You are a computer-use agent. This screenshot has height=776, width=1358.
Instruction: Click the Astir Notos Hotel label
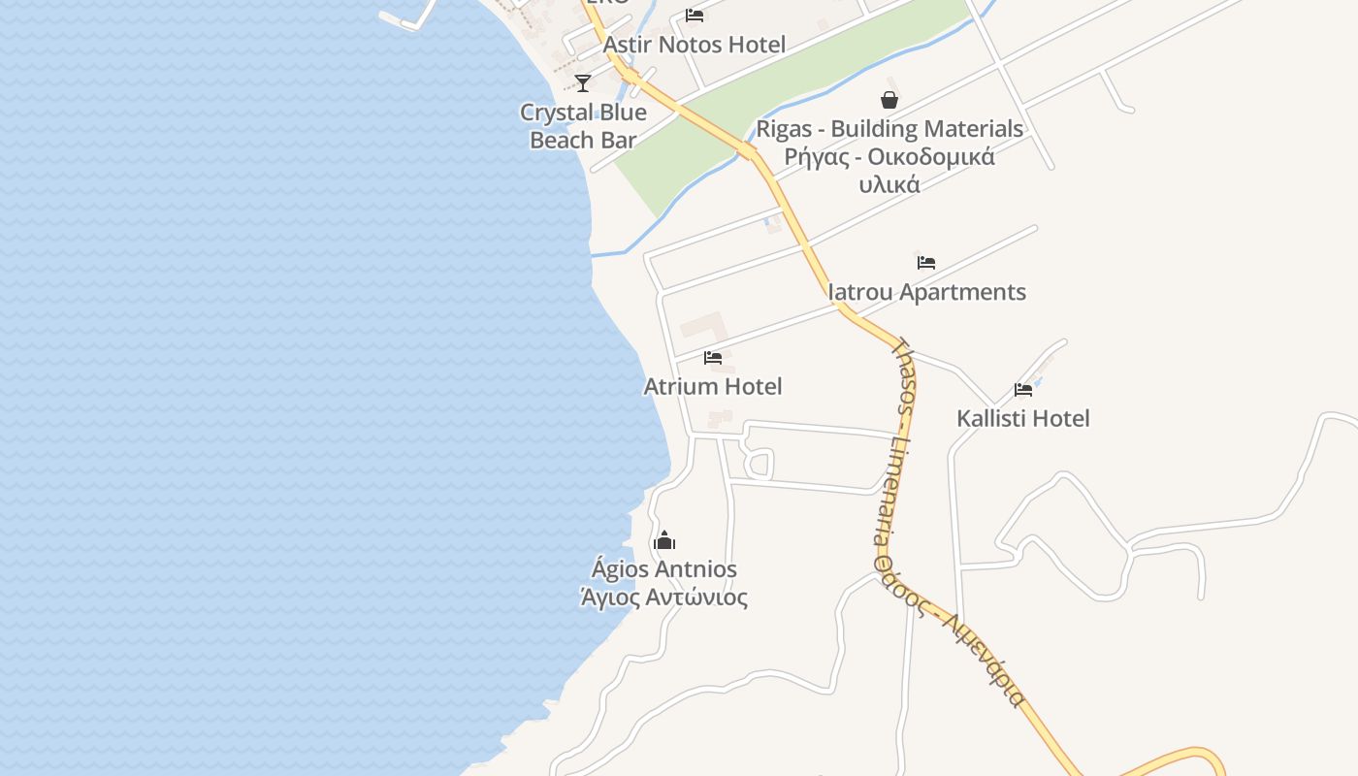click(x=694, y=45)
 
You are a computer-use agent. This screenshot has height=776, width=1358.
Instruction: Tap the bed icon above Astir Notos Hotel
click(x=694, y=15)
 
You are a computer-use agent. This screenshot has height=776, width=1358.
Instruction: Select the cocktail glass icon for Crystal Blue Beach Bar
click(x=583, y=82)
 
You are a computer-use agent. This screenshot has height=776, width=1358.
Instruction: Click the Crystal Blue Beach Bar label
click(x=583, y=126)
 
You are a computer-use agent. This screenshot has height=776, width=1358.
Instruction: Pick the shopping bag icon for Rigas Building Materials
click(x=889, y=99)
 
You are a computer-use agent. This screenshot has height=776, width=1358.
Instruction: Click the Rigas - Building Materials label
click(x=889, y=129)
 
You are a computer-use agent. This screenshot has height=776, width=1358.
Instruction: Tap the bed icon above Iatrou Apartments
click(x=925, y=262)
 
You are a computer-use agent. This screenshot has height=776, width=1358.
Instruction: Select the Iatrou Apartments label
click(x=926, y=292)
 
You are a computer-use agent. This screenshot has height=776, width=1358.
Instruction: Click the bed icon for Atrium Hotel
click(x=713, y=357)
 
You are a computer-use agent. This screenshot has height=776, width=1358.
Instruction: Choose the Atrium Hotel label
click(x=713, y=386)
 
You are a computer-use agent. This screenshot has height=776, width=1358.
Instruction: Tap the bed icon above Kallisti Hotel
click(x=1022, y=390)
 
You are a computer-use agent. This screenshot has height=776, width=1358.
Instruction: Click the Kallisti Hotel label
click(x=1023, y=419)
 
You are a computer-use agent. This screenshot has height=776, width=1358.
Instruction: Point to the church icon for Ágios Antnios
click(x=664, y=540)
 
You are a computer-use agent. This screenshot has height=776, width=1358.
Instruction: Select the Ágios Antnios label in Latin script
click(x=664, y=569)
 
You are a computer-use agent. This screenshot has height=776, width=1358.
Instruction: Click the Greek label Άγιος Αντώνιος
click(x=664, y=597)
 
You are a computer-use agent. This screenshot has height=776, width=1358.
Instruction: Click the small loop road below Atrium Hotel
click(x=759, y=464)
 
